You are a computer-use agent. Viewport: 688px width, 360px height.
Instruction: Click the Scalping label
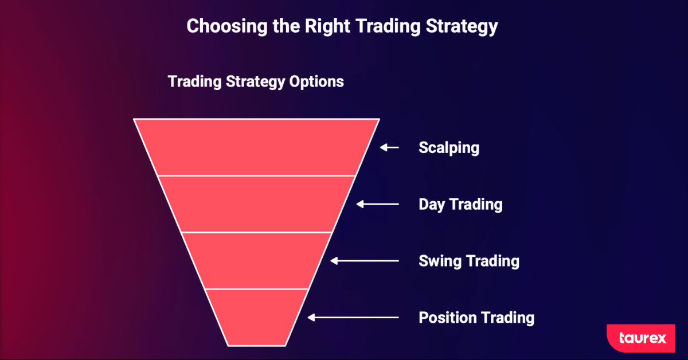[449, 148]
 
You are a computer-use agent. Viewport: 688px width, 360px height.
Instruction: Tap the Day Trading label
[460, 205]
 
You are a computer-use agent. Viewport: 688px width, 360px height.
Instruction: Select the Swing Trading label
[469, 261]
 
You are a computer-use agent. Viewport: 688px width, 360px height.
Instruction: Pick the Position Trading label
[476, 318]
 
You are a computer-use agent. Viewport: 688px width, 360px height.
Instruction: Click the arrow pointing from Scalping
[389, 148]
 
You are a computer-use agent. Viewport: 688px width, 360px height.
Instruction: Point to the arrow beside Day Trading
[377, 204]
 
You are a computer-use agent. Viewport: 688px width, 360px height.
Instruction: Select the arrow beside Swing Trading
[365, 261]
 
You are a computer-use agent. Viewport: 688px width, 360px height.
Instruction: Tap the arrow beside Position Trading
[353, 318]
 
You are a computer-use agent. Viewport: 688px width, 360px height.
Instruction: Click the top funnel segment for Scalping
[256, 147]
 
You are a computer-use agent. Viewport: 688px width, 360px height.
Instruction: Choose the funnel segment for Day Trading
[256, 204]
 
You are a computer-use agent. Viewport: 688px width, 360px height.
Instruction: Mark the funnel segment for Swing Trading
[256, 261]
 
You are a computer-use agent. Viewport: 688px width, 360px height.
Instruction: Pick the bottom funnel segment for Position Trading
[256, 318]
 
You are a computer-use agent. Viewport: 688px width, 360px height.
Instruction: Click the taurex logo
[641, 338]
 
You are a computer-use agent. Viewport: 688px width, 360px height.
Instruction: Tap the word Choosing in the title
[227, 26]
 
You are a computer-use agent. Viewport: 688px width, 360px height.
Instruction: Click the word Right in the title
[327, 26]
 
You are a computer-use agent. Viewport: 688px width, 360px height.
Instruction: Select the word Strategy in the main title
[462, 27]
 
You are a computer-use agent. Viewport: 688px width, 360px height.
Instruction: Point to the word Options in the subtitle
[316, 82]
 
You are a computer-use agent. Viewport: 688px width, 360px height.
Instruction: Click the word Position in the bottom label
[447, 318]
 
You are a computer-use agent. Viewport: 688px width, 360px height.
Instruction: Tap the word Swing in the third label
[440, 261]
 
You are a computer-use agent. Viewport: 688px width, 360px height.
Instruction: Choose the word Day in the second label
[432, 205]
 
